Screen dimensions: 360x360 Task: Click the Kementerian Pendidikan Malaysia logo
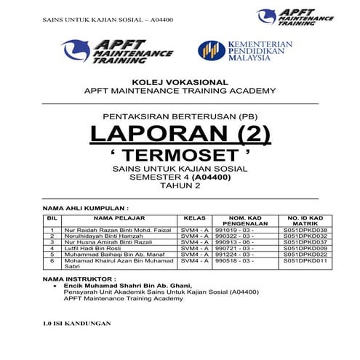point(245,52)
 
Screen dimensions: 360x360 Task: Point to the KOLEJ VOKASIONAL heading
point(180,81)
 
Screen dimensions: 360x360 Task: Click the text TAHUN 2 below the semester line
point(180,185)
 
